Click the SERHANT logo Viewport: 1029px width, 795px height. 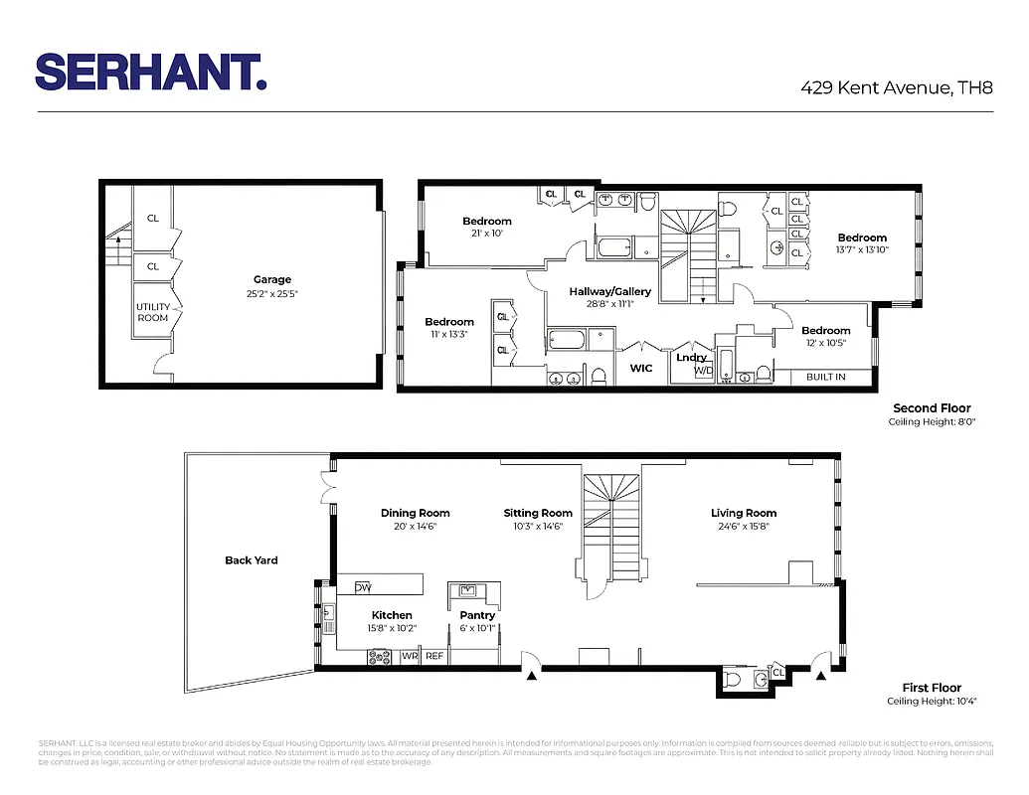tap(150, 72)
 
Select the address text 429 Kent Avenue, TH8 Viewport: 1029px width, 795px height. tap(897, 87)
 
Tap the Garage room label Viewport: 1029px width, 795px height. tap(271, 280)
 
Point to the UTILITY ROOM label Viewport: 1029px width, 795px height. tap(153, 312)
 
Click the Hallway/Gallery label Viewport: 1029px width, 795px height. tap(609, 291)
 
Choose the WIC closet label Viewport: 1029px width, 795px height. tap(641, 368)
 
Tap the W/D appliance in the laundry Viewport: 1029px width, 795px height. tap(703, 371)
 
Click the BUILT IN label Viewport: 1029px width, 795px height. tap(826, 378)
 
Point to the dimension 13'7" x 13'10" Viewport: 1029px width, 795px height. tap(862, 250)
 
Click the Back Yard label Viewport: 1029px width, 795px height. tap(252, 560)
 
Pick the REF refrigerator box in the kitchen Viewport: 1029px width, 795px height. tap(434, 656)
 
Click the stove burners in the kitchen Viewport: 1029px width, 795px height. tap(380, 656)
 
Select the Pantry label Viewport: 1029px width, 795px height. tap(477, 615)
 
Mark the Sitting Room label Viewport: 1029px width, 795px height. tap(538, 514)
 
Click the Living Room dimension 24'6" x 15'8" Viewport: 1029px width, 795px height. tap(743, 527)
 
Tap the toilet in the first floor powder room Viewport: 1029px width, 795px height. tap(733, 679)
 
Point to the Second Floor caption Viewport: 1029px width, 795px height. tap(931, 408)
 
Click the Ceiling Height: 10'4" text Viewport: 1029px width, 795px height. tap(932, 702)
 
